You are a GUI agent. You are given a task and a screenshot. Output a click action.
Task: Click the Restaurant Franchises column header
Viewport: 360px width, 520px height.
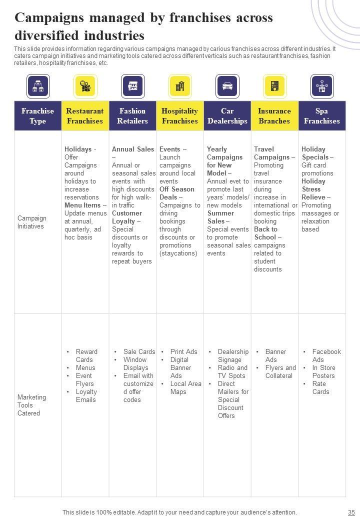pyautogui.click(x=85, y=116)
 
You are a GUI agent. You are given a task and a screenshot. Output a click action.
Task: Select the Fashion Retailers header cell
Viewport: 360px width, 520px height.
pyautogui.click(x=132, y=116)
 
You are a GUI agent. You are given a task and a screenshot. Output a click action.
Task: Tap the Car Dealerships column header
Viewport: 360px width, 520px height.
pyautogui.click(x=227, y=116)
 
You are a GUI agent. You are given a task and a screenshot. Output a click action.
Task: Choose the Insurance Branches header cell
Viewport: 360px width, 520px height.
pyautogui.click(x=274, y=116)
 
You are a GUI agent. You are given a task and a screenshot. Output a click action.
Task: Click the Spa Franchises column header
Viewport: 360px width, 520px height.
pyautogui.click(x=322, y=116)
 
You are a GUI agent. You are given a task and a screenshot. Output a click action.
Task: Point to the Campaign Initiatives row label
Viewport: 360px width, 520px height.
pyautogui.click(x=32, y=222)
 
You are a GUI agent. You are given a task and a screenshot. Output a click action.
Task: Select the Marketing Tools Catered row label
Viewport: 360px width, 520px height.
pyautogui.click(x=31, y=405)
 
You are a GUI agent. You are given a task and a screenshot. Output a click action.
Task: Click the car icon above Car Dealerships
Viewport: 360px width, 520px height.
pyautogui.click(x=227, y=86)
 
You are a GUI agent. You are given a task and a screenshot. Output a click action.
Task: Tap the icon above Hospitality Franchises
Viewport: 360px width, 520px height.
pyautogui.click(x=180, y=86)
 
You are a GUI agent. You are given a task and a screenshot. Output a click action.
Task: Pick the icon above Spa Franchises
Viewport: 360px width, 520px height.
pyautogui.click(x=322, y=86)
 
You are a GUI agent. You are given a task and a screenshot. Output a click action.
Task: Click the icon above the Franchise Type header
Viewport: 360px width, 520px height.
pyautogui.click(x=38, y=86)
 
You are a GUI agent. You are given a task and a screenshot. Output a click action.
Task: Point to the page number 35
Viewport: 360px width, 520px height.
pyautogui.click(x=350, y=512)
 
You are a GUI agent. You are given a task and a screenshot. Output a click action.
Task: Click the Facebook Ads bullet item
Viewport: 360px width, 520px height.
pyautogui.click(x=326, y=355)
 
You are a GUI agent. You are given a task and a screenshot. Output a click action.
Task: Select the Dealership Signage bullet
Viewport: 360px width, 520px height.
pyautogui.click(x=233, y=355)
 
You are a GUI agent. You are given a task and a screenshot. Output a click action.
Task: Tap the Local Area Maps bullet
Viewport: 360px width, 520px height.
pyautogui.click(x=185, y=387)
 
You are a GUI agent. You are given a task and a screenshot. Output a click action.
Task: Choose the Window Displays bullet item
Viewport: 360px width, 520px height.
pyautogui.click(x=135, y=363)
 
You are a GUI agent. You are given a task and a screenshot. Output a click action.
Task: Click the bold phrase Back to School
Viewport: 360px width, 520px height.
pyautogui.click(x=266, y=233)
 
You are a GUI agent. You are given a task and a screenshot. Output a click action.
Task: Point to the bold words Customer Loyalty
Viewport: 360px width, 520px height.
pyautogui.click(x=127, y=217)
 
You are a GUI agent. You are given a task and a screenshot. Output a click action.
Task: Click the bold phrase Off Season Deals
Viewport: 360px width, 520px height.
pyautogui.click(x=177, y=193)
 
